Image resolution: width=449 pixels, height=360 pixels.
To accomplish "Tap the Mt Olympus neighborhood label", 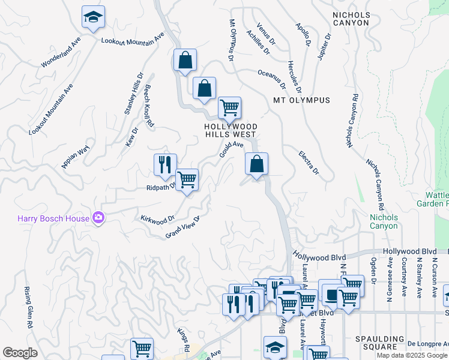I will coord(301,100).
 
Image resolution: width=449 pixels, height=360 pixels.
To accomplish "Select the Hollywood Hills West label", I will coord(231,131).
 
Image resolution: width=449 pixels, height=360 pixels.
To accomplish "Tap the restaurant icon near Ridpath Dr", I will coord(165,164).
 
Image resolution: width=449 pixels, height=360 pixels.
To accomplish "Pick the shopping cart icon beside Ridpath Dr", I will coord(187,179).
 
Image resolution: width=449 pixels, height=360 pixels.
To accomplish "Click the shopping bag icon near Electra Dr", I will coord(256,163).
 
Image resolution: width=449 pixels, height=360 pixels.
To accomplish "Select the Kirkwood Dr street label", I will coord(157,218).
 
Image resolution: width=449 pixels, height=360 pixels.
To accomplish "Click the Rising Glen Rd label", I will coord(28,307).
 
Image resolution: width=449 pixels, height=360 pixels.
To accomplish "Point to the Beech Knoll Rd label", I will coord(149,107).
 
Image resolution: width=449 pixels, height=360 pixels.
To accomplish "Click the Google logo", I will coord(20,353).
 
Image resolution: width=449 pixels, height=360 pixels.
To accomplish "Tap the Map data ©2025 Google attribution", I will coord(412,355).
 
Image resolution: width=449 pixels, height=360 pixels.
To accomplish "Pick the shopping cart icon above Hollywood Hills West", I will coord(229,108).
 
